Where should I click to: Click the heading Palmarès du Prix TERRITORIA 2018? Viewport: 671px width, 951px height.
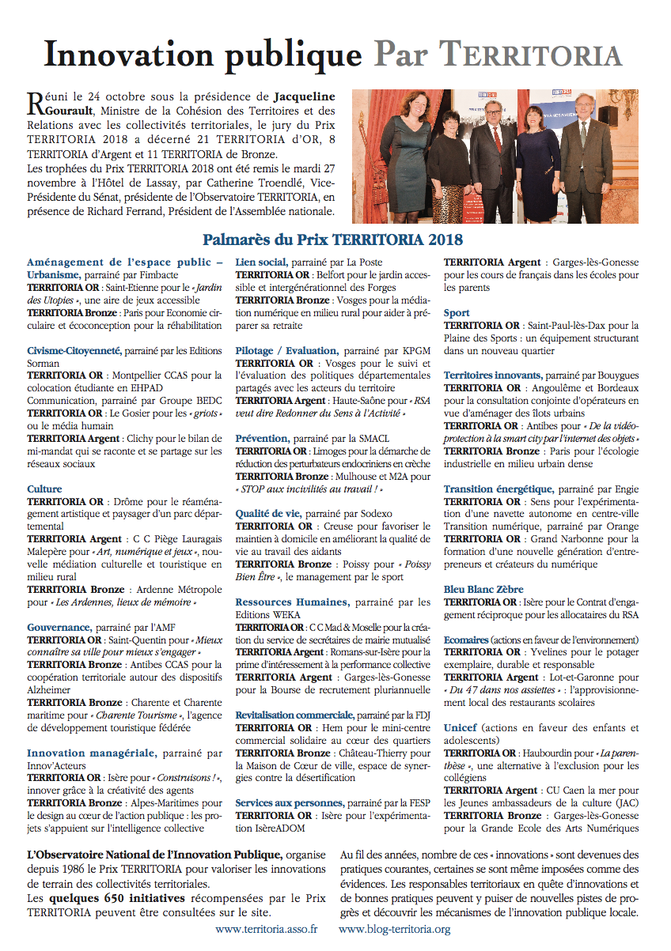tap(332, 238)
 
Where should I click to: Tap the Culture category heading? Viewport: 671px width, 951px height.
tap(44, 489)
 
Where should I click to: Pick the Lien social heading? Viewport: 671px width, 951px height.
tap(261, 262)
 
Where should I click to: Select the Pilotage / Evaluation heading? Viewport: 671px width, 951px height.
tap(286, 350)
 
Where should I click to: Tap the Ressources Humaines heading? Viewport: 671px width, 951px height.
tap(292, 602)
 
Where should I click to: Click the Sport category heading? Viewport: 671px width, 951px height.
tap(457, 313)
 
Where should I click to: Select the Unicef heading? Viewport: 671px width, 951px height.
tap(460, 727)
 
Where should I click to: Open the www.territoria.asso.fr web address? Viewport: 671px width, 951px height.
tap(266, 930)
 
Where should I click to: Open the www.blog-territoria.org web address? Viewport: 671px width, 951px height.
tap(394, 930)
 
